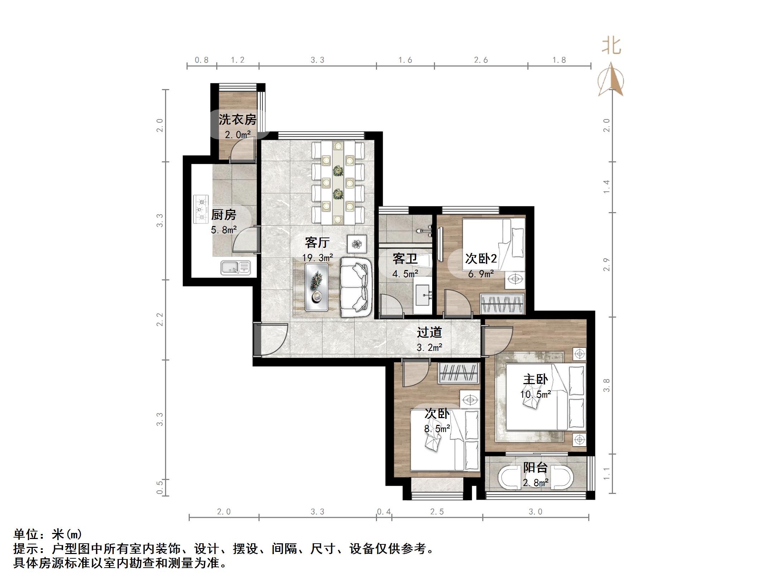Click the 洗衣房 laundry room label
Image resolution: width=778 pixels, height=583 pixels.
(237, 119)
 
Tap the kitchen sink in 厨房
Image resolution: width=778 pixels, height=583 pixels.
(235, 268)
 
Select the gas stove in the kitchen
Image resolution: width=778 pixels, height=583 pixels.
(201, 209)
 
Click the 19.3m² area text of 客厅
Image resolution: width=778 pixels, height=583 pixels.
(318, 258)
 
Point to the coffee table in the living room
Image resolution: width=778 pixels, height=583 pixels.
(316, 287)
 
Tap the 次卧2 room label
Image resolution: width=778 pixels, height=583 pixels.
(481, 258)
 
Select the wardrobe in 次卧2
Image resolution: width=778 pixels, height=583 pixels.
(502, 304)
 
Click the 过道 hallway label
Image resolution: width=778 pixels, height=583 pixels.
(429, 332)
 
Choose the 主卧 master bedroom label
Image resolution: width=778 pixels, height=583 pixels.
(535, 379)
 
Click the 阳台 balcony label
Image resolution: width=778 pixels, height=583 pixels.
(535, 467)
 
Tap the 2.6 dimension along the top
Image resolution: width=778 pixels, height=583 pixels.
(481, 60)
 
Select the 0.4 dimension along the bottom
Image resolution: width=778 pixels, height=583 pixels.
(384, 512)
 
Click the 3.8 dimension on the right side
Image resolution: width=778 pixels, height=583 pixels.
(607, 385)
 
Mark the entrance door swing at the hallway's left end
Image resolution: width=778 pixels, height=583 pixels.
(272, 339)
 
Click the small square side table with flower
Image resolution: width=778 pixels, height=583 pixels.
(357, 244)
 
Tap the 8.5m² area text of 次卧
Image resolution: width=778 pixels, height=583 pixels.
(437, 428)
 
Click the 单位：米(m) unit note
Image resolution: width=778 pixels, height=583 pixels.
(48, 534)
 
